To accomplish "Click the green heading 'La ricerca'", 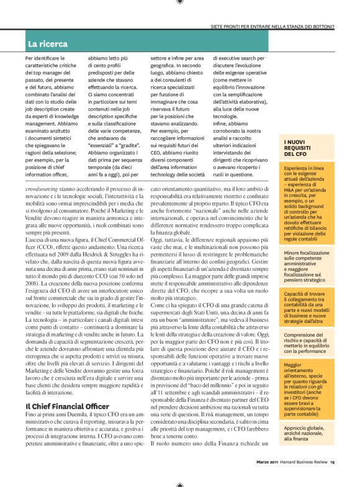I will point(47,44).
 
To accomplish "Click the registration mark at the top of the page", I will point(180,2).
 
